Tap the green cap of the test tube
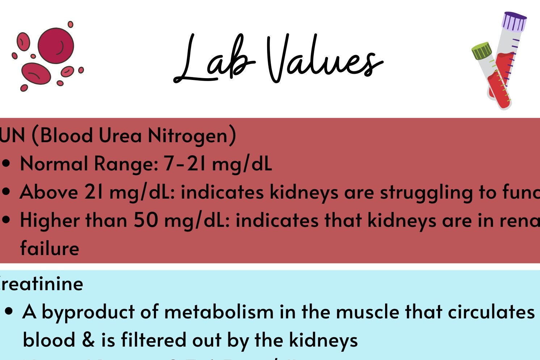482,51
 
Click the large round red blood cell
56,46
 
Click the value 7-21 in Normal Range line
185,164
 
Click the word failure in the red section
50,248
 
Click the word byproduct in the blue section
88,312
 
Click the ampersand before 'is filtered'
88,340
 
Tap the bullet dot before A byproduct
9,312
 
